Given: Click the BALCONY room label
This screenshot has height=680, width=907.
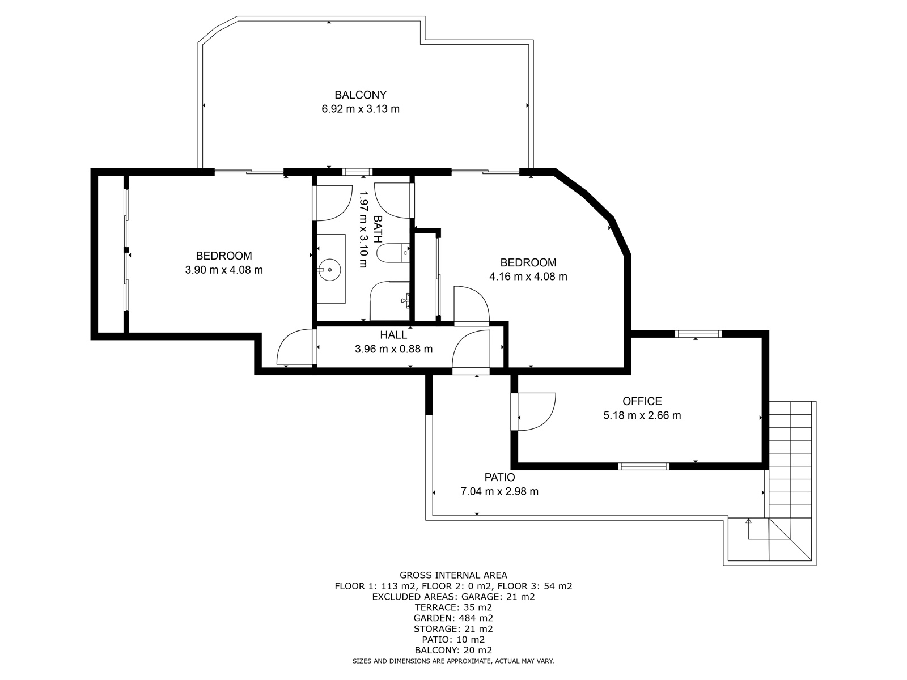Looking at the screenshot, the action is point(361,95).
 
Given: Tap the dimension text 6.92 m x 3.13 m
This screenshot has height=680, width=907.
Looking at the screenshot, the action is point(361,109).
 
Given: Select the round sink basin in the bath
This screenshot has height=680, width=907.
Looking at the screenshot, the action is point(330,270).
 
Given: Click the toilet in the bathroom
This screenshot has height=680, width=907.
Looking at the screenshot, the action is point(393,253).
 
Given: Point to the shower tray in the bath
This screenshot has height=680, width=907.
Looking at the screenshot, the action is point(389,301).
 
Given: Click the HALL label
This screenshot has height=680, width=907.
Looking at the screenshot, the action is point(393,335).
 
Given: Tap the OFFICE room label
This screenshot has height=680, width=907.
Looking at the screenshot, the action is point(642,401).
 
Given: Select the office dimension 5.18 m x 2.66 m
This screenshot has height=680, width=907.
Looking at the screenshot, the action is point(642,415).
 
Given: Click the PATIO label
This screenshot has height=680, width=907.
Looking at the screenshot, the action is point(499,477).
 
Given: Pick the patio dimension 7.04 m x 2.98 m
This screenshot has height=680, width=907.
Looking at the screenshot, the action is point(499,491).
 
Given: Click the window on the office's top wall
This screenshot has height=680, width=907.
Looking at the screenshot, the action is point(698,334).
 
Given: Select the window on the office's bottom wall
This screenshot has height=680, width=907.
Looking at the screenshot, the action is point(643,466).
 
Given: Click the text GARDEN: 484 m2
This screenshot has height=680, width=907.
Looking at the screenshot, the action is point(453,618).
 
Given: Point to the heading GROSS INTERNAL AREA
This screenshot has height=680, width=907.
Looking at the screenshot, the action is point(453,575).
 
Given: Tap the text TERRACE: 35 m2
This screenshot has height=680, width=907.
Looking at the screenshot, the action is point(453,607).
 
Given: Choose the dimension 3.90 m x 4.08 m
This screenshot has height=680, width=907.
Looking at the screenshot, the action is point(224,270).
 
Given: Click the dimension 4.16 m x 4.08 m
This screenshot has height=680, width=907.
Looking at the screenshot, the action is point(528,277).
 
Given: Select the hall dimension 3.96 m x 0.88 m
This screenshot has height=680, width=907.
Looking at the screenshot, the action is point(393,349).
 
